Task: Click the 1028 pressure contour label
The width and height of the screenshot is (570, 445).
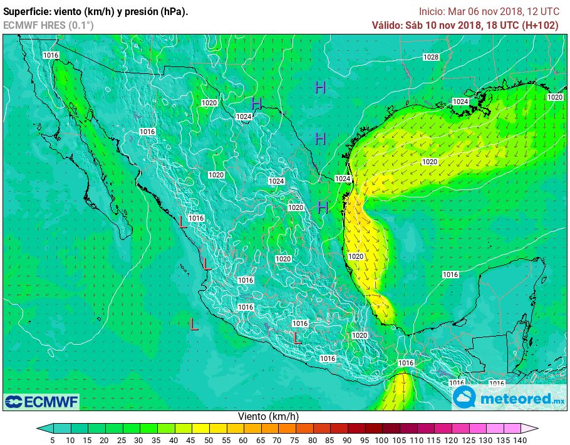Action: [431, 57]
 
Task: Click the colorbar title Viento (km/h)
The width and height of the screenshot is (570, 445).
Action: [268, 416]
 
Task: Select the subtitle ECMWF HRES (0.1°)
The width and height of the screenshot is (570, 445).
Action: [48, 25]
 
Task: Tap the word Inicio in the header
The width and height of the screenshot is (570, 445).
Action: [431, 11]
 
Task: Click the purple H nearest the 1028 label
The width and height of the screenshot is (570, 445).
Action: [320, 88]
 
